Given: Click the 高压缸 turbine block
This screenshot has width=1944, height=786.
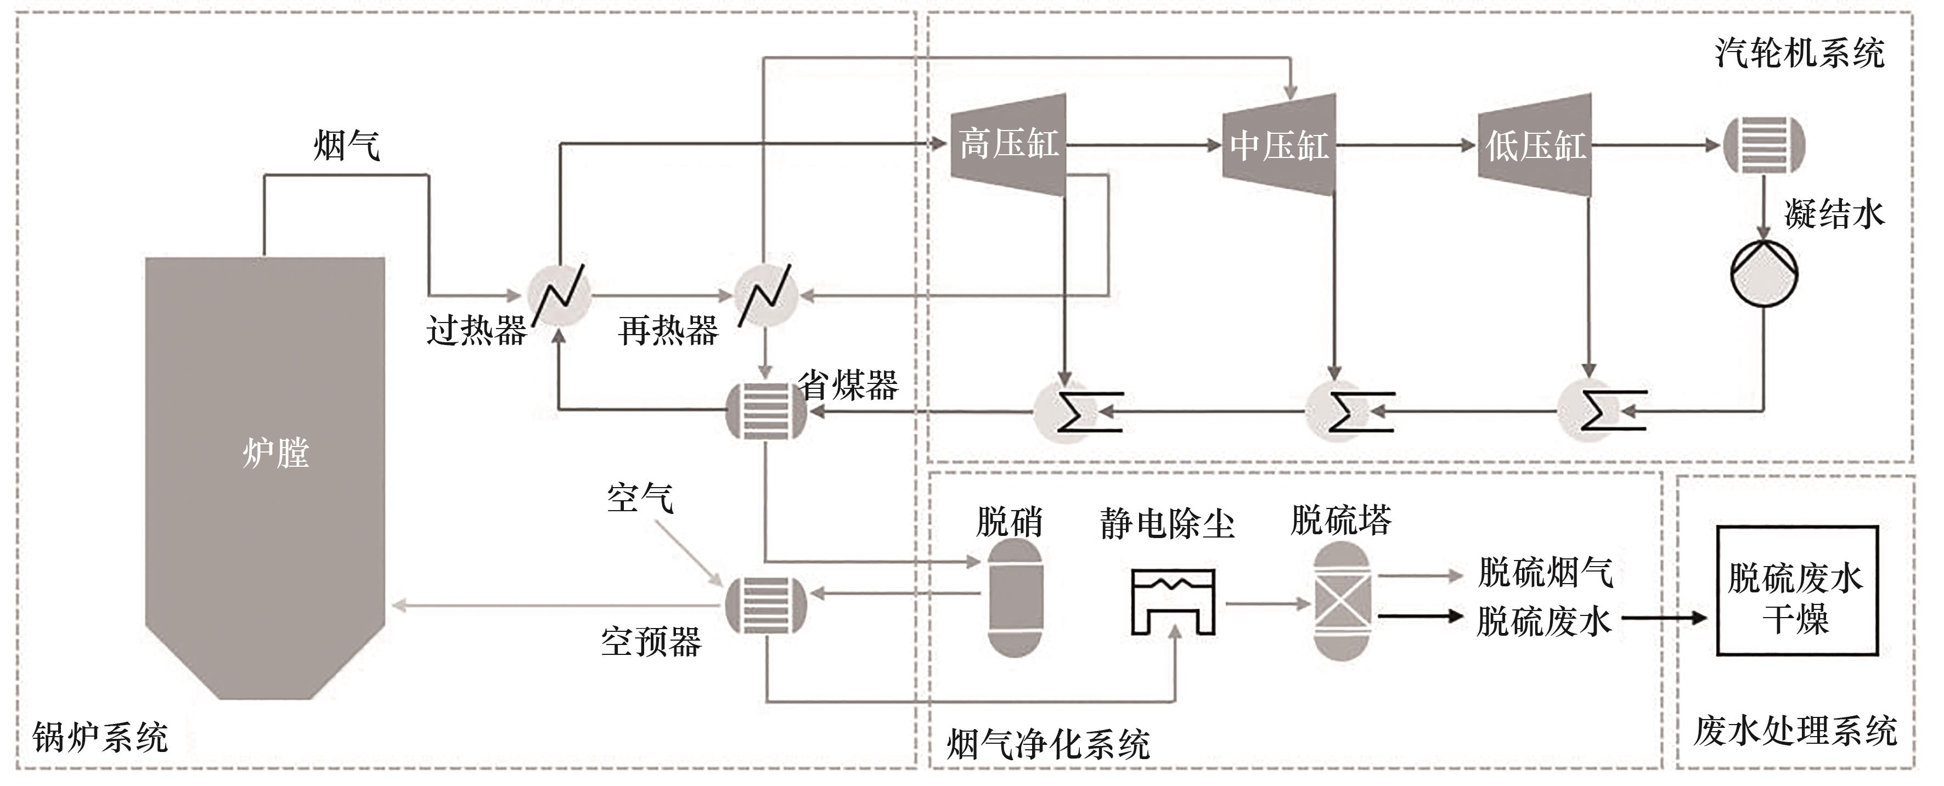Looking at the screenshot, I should [x=1008, y=144].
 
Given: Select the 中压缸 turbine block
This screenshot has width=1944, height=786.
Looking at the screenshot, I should [x=1279, y=145].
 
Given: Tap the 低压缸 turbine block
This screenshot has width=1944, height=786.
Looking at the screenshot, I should [x=1535, y=145].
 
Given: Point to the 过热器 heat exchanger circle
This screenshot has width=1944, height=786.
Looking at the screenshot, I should [x=559, y=295].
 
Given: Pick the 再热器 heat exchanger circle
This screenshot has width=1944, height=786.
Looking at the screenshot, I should [x=765, y=295].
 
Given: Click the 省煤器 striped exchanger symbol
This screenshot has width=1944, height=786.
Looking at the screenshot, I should [x=765, y=411].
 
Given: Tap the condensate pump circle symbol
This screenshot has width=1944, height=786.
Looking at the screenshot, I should [x=1763, y=273].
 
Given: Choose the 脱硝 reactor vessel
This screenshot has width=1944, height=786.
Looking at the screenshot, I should [x=1016, y=597].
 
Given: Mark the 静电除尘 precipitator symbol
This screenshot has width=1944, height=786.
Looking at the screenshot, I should [x=1173, y=601].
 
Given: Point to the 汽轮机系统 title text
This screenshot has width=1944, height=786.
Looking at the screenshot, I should [x=1799, y=53].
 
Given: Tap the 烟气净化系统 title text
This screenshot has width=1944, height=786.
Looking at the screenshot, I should [x=1048, y=744].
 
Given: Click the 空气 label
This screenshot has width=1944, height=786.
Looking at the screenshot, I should [x=640, y=498].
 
